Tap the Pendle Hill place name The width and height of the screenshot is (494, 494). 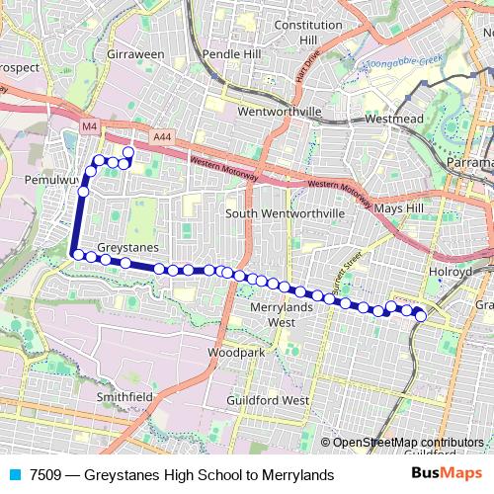click(229, 54)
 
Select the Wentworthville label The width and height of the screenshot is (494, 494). click(280, 113)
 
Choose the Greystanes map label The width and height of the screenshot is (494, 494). click(128, 247)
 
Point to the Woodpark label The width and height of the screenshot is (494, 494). click(237, 352)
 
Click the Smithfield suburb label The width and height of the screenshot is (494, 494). click(124, 397)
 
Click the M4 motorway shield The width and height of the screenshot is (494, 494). click(90, 127)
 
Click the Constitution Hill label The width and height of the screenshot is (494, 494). click(308, 32)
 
